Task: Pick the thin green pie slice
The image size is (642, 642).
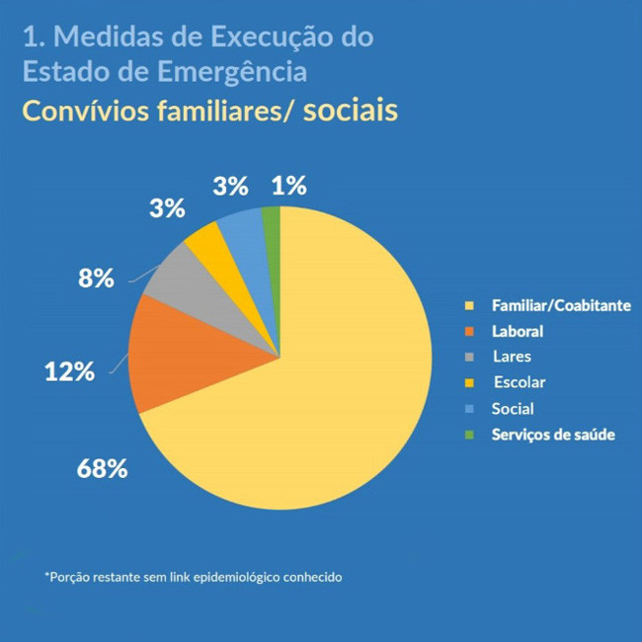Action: click(x=272, y=215)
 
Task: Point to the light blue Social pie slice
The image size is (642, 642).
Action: click(x=242, y=227)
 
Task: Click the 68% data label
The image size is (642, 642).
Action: click(x=103, y=467)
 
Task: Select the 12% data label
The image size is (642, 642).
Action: click(x=69, y=371)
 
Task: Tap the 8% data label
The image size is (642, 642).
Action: click(x=96, y=278)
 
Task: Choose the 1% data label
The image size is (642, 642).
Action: click(x=288, y=185)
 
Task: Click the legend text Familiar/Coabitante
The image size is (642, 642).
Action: click(x=560, y=306)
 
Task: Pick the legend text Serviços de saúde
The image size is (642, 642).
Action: click(x=553, y=435)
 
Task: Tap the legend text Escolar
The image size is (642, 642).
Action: click(x=520, y=382)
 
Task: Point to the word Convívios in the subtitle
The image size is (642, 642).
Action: click(x=84, y=110)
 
